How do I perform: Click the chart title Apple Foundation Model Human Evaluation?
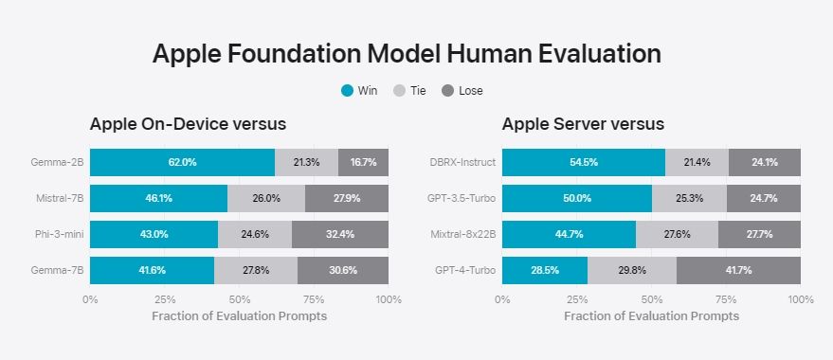(407, 53)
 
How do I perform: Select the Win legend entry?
(359, 91)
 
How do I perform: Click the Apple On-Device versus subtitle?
(188, 124)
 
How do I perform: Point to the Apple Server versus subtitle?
(583, 124)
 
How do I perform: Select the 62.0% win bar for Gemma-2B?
(182, 162)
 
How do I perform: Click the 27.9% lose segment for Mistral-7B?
(346, 198)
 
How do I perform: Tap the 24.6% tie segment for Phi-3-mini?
(254, 234)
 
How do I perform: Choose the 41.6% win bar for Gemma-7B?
(152, 270)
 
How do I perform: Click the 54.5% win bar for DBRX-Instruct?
(583, 162)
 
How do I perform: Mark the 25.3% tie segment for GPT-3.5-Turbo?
(689, 198)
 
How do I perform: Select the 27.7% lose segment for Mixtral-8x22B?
(758, 234)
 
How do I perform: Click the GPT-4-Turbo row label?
(464, 270)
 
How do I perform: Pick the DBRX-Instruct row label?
(462, 162)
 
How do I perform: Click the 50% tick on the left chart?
(239, 299)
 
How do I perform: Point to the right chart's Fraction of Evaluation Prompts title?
(651, 315)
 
